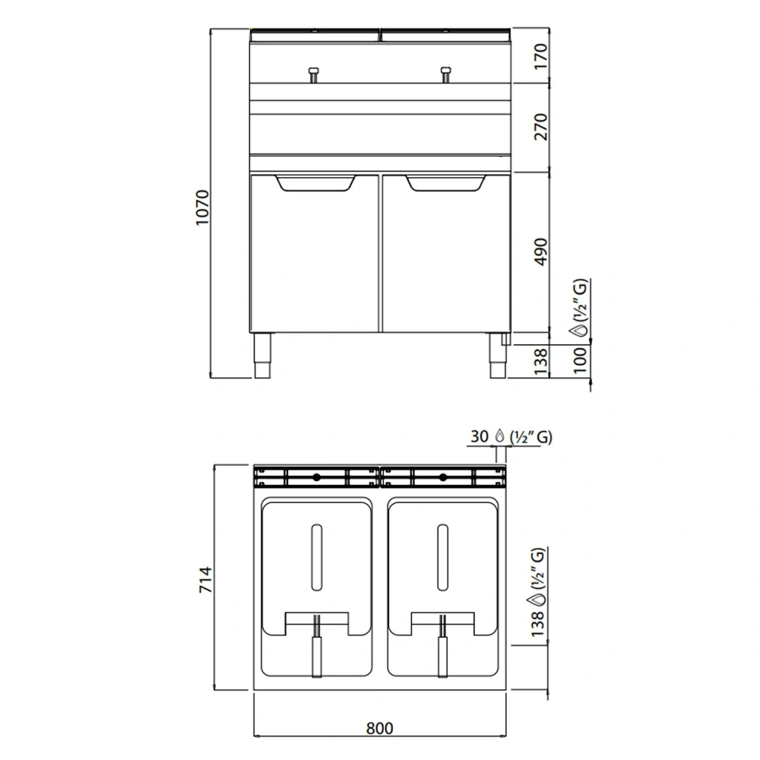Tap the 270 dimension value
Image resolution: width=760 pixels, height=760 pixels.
(540, 127)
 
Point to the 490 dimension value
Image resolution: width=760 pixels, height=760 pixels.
(540, 252)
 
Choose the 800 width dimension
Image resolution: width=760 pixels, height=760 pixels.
(379, 727)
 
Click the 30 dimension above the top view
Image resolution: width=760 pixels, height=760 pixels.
(479, 437)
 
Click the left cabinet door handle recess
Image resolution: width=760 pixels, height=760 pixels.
(315, 183)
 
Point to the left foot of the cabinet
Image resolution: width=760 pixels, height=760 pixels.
(261, 356)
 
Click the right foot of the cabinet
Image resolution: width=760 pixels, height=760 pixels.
(498, 356)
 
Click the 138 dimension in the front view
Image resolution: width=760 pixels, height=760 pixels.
(540, 363)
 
